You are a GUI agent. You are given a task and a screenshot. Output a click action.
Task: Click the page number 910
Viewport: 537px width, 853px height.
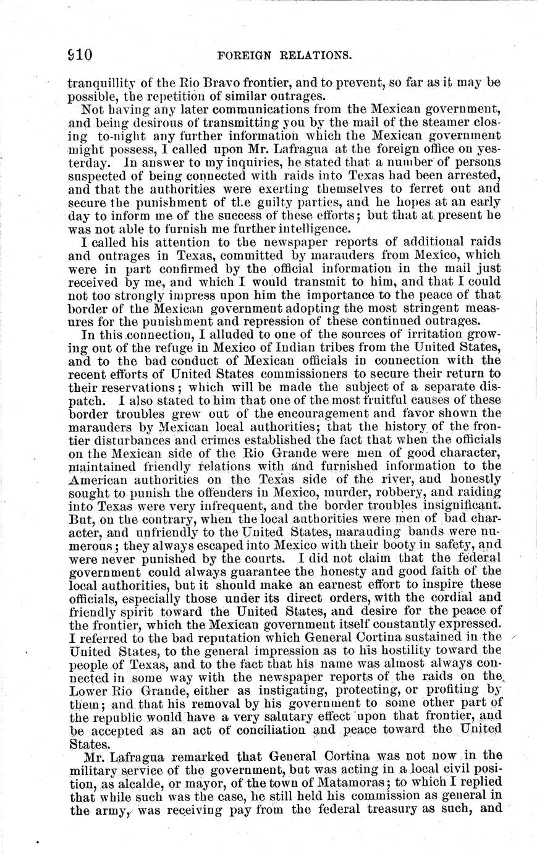(80, 55)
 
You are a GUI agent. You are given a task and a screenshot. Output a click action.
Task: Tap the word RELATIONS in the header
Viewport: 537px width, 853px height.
(315, 56)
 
